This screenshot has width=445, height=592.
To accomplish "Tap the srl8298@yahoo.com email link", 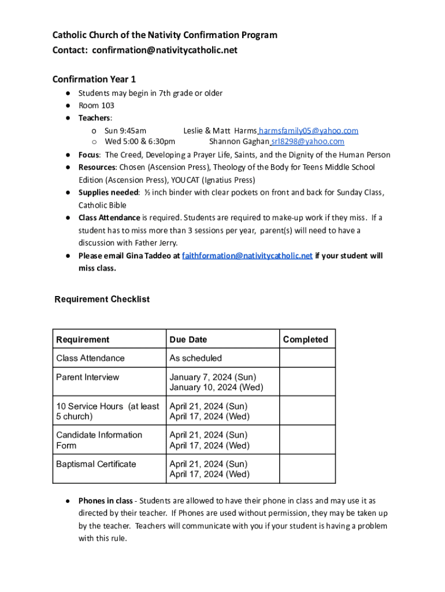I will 307,141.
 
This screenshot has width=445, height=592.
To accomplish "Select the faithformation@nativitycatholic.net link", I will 247,256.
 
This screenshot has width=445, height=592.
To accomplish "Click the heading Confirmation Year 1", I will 94,79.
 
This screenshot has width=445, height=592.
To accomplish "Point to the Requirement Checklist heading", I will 102,299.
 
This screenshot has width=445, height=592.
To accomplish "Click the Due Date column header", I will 188,339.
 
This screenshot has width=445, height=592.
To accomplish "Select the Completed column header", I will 305,339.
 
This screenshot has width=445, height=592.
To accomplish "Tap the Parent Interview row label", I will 87,377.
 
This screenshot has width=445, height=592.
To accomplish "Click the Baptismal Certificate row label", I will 96,464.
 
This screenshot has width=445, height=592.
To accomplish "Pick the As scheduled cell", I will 195,358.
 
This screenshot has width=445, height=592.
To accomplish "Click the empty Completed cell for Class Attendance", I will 307,358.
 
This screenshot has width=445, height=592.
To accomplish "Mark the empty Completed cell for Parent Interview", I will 307,382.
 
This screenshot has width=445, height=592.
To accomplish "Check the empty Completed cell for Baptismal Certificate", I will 307,469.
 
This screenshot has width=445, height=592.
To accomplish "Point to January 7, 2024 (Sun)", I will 212,377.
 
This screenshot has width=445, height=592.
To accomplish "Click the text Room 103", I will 97,105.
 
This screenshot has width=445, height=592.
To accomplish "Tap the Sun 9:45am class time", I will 125,131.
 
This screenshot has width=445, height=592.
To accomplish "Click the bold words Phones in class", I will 105,501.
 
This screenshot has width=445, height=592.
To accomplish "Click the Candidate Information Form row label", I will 99,440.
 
